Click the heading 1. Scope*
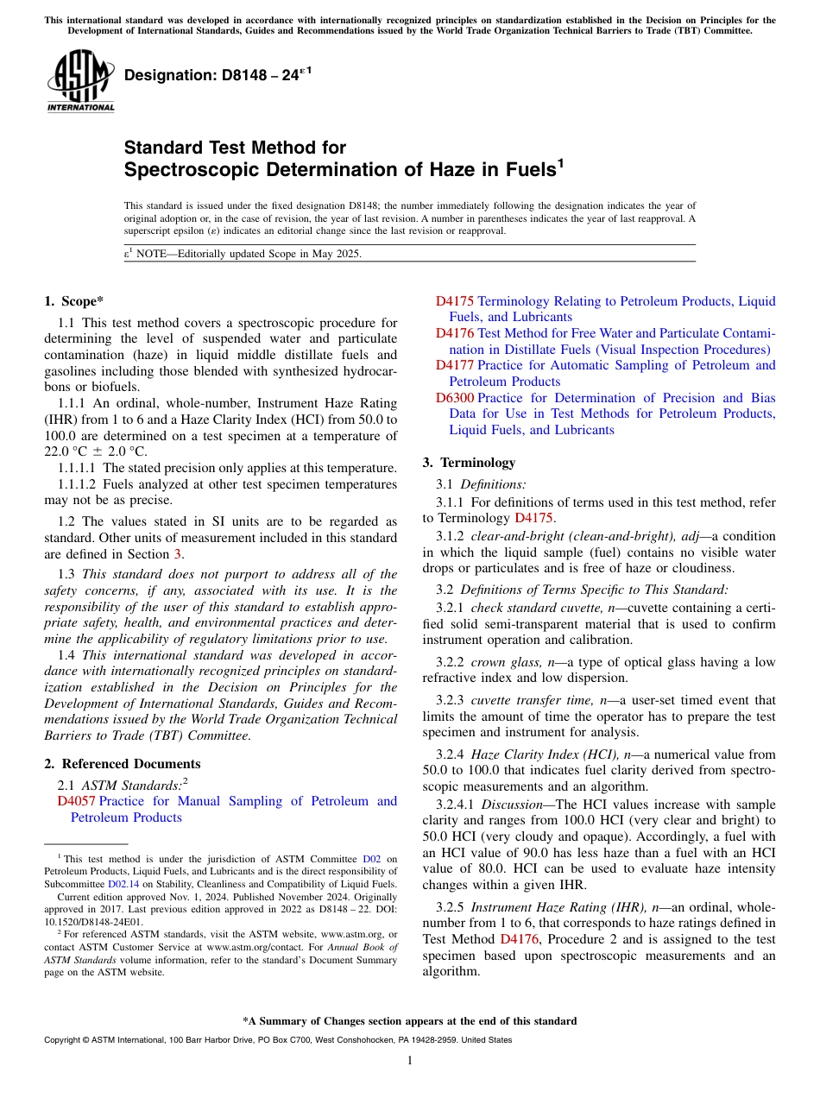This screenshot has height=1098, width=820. click(73, 300)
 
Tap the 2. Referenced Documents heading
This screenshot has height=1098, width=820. click(123, 763)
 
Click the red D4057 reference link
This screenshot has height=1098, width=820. click(76, 801)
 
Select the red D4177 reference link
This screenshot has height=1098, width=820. click(454, 365)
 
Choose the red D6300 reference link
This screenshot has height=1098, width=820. click(454, 398)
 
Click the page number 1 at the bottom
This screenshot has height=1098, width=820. click(410, 1060)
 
